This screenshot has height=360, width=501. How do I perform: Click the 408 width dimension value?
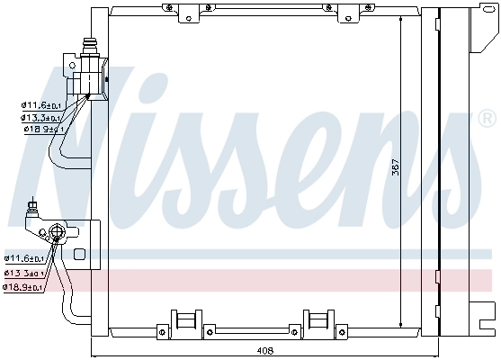[x=263, y=350]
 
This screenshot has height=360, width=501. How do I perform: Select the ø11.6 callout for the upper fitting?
[x=41, y=105]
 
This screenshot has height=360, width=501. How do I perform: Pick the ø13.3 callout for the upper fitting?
[x=41, y=117]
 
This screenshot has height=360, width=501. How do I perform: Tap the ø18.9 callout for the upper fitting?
[x=41, y=129]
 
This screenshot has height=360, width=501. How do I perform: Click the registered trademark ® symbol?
[x=486, y=119]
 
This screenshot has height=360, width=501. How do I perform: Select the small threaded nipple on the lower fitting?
[x=34, y=210]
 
